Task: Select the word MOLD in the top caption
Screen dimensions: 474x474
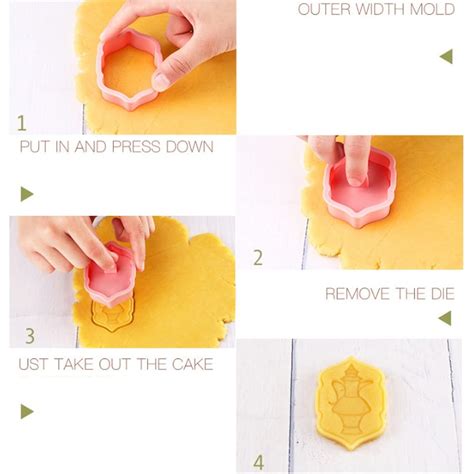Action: coord(433,10)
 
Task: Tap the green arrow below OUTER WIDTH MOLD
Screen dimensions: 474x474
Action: coord(446,56)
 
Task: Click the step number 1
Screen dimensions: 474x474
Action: coord(22,123)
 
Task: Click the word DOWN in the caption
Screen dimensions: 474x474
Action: coord(190,147)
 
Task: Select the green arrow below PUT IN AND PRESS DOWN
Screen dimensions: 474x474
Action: coord(27,194)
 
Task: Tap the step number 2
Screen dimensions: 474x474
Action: coord(257,257)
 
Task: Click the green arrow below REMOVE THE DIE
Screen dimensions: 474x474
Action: coord(445,318)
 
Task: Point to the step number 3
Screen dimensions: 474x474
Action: coord(30,336)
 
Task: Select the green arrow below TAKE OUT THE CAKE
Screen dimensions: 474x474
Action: coord(27,411)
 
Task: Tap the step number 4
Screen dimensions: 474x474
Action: coord(258,462)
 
